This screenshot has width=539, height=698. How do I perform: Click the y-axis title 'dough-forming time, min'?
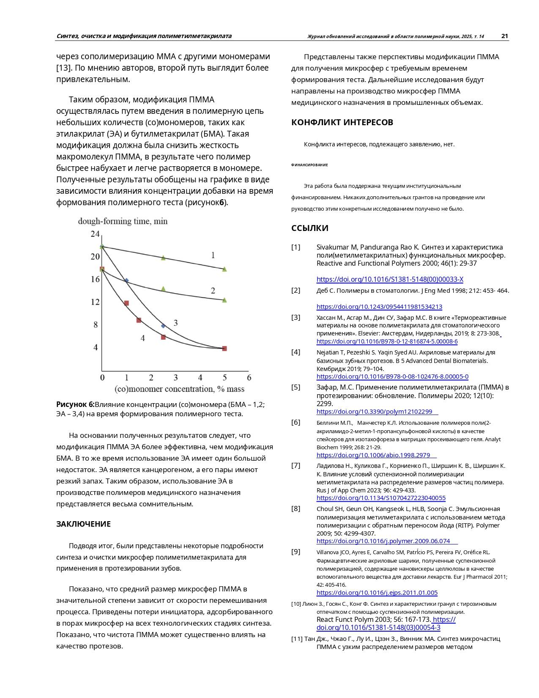[x=123, y=221]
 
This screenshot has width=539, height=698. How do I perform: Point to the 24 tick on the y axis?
[x=95, y=234]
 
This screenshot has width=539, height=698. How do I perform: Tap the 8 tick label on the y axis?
[x=96, y=324]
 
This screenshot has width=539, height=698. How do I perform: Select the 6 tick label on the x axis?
[x=249, y=377]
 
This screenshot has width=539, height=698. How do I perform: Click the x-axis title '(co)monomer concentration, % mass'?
[x=179, y=388]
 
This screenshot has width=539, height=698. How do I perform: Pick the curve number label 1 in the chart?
[x=213, y=255]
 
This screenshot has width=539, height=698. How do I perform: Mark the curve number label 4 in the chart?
[x=143, y=338]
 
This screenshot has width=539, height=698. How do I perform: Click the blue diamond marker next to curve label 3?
[x=163, y=326]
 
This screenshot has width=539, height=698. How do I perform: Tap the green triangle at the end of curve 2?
[x=224, y=300]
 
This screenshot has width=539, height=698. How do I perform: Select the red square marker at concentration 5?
[x=224, y=349]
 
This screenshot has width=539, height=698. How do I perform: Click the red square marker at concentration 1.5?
[x=139, y=320]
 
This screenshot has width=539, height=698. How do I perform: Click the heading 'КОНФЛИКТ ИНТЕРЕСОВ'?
[x=342, y=123]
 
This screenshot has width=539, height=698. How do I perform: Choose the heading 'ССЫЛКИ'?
[x=309, y=228]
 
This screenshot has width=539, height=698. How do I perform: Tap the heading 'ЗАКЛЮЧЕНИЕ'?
[x=83, y=524]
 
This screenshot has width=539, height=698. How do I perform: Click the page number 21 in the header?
[x=504, y=36]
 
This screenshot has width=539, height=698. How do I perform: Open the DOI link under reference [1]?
[x=390, y=279]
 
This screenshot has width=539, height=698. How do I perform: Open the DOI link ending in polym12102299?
[x=375, y=412]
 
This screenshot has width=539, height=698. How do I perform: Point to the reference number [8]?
[x=295, y=508]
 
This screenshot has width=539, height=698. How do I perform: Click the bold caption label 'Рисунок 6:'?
[x=75, y=404]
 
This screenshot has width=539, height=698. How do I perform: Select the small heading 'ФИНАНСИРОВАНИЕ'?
[x=309, y=165]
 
